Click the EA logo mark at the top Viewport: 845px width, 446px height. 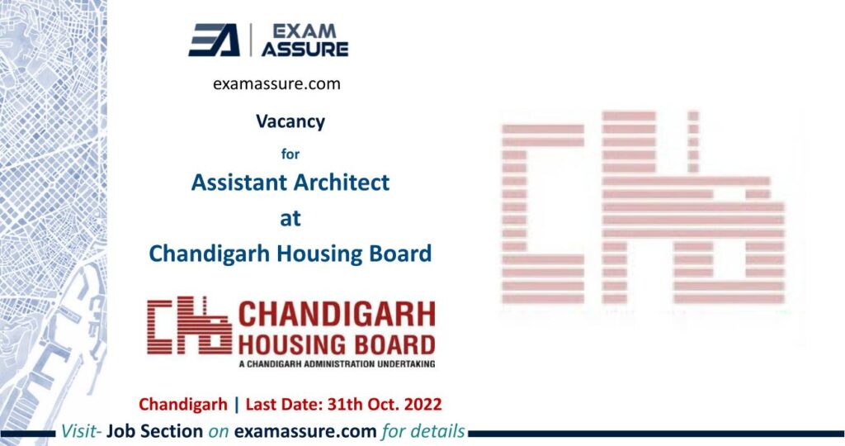coord(214,40)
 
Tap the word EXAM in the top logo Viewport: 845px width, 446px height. coord(304,31)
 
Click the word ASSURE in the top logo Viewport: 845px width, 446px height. coord(304,49)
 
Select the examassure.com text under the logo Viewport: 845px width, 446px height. coord(276,84)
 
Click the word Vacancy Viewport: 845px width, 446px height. coord(290,122)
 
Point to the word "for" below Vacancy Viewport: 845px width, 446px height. coord(290,154)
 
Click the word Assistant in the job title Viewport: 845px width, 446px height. coord(235,183)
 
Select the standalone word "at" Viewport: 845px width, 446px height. coord(290,218)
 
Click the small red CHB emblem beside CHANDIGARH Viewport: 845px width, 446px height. coord(189,325)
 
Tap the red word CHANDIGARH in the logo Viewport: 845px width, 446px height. coord(337,315)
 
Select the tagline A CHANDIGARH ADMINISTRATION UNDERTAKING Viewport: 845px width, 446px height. coord(337,364)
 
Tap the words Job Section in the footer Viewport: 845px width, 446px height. coord(154,431)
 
